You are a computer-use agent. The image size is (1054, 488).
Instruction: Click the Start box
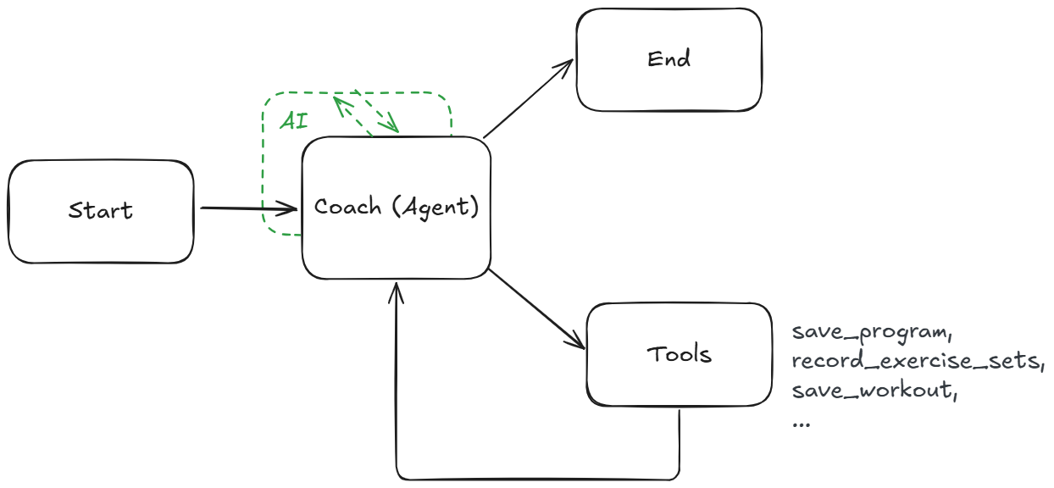[101, 211]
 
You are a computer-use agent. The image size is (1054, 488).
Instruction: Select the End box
[668, 59]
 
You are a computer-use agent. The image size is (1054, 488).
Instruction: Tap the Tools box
[679, 354]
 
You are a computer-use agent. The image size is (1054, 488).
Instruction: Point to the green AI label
[294, 120]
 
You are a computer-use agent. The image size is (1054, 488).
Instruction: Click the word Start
[101, 210]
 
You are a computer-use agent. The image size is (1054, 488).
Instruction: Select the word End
[668, 59]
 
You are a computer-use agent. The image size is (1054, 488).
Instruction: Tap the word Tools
[679, 354]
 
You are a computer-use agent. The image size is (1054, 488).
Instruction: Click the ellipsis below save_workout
[800, 422]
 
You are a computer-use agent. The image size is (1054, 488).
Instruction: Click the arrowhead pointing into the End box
[568, 66]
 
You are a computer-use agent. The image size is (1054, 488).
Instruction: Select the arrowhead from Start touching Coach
[291, 208]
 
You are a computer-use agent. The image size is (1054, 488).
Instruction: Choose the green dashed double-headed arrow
[366, 112]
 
